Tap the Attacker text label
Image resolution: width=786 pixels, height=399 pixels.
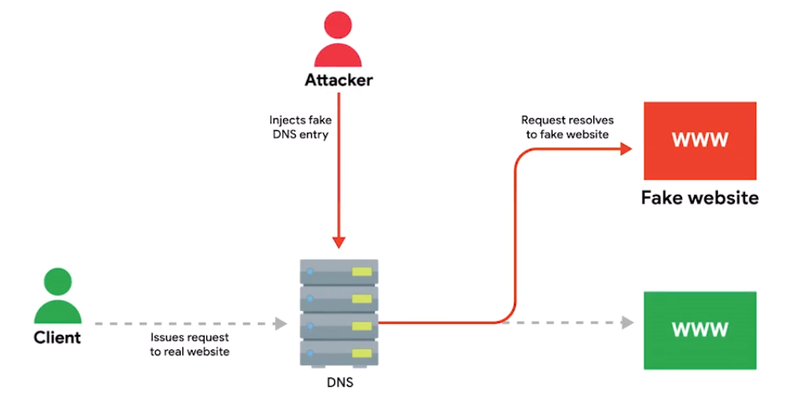click(x=338, y=81)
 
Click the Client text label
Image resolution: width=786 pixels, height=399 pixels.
click(x=57, y=337)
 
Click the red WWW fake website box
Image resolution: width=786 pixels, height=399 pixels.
click(x=700, y=140)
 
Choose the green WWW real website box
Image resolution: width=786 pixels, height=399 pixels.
click(x=700, y=329)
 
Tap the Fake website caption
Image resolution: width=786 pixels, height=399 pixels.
click(x=700, y=198)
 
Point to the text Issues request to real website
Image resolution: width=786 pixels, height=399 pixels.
click(x=190, y=344)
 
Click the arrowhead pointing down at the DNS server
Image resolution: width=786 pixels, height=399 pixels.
click(x=338, y=242)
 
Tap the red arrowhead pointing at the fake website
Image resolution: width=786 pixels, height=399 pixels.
click(x=628, y=150)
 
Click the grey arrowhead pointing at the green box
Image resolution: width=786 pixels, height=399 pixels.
click(x=628, y=323)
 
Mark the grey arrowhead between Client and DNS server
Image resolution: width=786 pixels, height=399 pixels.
click(x=281, y=324)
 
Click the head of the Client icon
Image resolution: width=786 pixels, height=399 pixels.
click(x=57, y=281)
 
